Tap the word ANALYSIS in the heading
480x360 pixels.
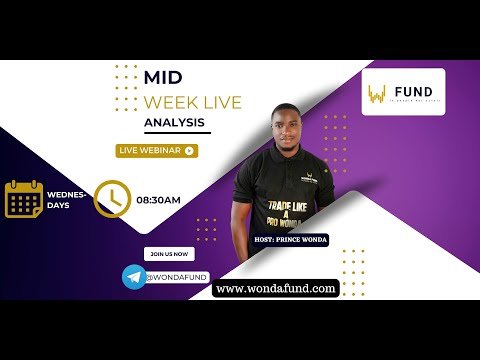point(175,122)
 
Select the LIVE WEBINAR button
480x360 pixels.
point(157,150)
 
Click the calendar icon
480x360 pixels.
point(22,198)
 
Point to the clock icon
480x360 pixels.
point(112,198)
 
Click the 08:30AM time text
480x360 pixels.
point(158,200)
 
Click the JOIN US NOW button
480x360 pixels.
point(165,253)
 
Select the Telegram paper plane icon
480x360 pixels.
point(133,276)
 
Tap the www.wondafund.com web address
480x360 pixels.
point(275,288)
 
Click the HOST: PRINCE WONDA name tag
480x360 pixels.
point(292,239)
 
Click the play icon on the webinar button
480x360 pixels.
point(189,150)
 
